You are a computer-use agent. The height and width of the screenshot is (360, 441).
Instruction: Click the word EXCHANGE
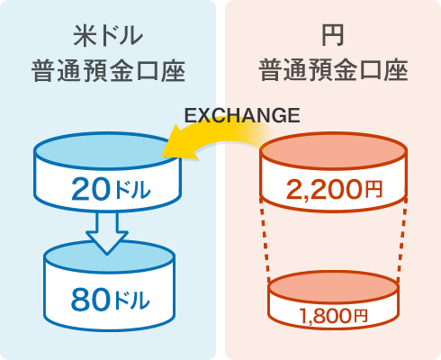tap(242, 115)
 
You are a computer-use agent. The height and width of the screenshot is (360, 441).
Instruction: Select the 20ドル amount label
tap(111, 189)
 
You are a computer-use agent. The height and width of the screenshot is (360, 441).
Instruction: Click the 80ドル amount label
tap(110, 300)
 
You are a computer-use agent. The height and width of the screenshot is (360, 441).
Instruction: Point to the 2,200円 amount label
tap(334, 190)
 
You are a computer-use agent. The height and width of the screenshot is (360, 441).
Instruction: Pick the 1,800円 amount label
tap(333, 316)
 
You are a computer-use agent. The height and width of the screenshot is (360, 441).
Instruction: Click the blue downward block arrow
tap(107, 232)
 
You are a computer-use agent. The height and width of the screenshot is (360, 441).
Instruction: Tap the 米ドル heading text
tap(108, 36)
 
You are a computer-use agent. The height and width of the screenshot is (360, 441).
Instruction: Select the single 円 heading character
tap(332, 35)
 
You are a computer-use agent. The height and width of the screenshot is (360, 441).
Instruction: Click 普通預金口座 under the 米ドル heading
tap(108, 71)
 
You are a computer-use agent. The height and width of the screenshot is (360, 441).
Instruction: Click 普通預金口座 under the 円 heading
tap(333, 70)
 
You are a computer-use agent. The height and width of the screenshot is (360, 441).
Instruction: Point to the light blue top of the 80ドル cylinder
tap(110, 256)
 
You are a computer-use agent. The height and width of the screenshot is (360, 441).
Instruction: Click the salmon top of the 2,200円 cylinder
tap(334, 150)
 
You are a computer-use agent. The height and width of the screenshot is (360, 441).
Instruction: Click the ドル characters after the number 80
tap(132, 300)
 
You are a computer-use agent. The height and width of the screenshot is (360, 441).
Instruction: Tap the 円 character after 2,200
tap(373, 189)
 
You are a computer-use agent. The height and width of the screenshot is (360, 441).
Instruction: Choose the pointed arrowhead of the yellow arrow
tap(164, 154)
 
